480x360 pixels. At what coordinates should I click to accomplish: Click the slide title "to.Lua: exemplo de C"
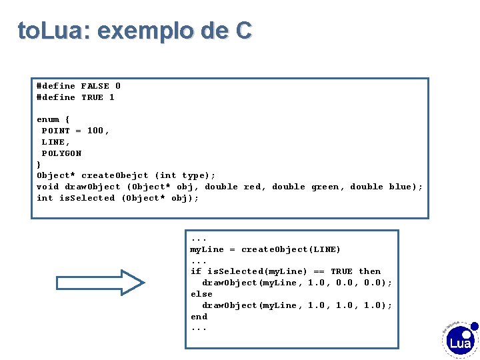(x=135, y=30)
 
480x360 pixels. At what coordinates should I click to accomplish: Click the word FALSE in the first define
(x=95, y=86)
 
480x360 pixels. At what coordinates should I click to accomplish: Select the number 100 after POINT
(x=95, y=131)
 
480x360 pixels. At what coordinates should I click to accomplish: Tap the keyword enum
(x=48, y=119)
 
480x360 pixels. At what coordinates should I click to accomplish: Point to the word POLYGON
(x=62, y=153)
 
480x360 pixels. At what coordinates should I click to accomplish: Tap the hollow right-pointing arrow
(x=100, y=282)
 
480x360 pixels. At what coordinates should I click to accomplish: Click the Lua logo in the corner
(x=461, y=342)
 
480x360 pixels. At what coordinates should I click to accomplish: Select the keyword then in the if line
(x=370, y=271)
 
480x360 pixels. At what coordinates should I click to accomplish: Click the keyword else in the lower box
(x=201, y=294)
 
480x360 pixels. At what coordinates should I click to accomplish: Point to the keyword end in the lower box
(x=199, y=317)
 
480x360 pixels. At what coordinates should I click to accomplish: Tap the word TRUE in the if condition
(x=341, y=271)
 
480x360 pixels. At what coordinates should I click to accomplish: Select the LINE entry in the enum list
(x=53, y=142)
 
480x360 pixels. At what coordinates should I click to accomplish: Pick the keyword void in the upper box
(x=47, y=187)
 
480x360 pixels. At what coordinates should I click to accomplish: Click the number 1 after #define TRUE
(x=112, y=97)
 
